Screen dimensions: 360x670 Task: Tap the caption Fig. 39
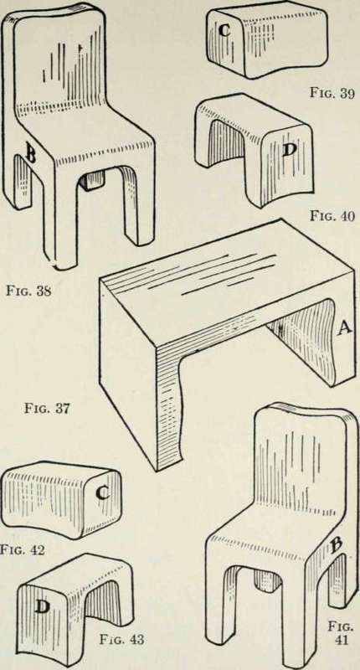pos(332,94)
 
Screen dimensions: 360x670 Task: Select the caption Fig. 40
pos(332,217)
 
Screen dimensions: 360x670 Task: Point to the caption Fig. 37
pos(47,410)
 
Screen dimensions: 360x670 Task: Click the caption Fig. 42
pos(23,550)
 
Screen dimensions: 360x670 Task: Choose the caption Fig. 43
pos(121,640)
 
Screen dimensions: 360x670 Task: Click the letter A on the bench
pos(345,328)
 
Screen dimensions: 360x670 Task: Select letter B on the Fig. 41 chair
pos(337,546)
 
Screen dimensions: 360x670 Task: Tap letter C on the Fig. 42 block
pos(102,494)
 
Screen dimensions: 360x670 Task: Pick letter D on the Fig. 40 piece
pos(290,151)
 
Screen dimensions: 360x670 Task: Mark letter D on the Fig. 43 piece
pos(41,607)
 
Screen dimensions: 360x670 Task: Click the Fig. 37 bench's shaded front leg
pos(168,406)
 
